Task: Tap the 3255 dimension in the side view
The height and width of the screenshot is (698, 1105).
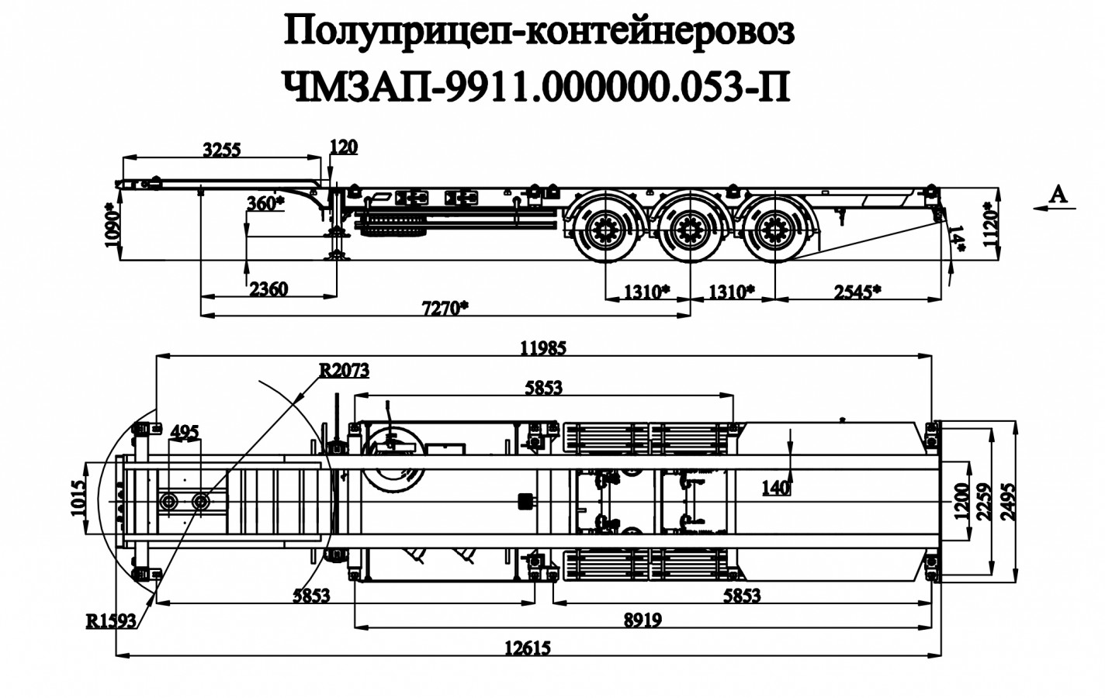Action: [223, 150]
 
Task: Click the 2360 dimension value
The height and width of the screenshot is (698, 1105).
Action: [268, 289]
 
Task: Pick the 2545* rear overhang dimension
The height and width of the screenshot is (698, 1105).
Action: [857, 291]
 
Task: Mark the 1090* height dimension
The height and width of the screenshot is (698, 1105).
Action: [112, 224]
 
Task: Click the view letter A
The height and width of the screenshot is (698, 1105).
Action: [1058, 195]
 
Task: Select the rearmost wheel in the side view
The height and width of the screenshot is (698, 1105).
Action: [774, 229]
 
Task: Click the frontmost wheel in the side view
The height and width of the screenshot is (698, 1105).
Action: [604, 230]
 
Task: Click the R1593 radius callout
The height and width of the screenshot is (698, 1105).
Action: [111, 620]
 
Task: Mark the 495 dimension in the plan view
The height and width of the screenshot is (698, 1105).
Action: [184, 431]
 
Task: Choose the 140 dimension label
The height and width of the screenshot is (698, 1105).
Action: [776, 488]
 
